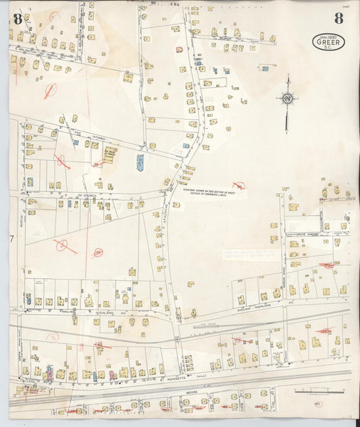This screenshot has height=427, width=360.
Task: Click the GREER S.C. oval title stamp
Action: point(328,42)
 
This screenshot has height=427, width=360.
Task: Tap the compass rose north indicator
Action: point(287,99)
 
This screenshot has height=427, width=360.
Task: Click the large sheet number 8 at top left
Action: point(17,18)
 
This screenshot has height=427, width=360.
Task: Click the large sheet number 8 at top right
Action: point(338,18)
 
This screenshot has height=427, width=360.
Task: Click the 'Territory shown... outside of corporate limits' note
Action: point(214,193)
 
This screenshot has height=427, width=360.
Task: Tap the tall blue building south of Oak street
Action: point(140,162)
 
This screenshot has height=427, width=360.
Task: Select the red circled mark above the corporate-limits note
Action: point(238,184)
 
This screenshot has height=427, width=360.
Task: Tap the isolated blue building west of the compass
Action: point(265,69)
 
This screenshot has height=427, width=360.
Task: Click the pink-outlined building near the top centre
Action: point(179,49)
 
